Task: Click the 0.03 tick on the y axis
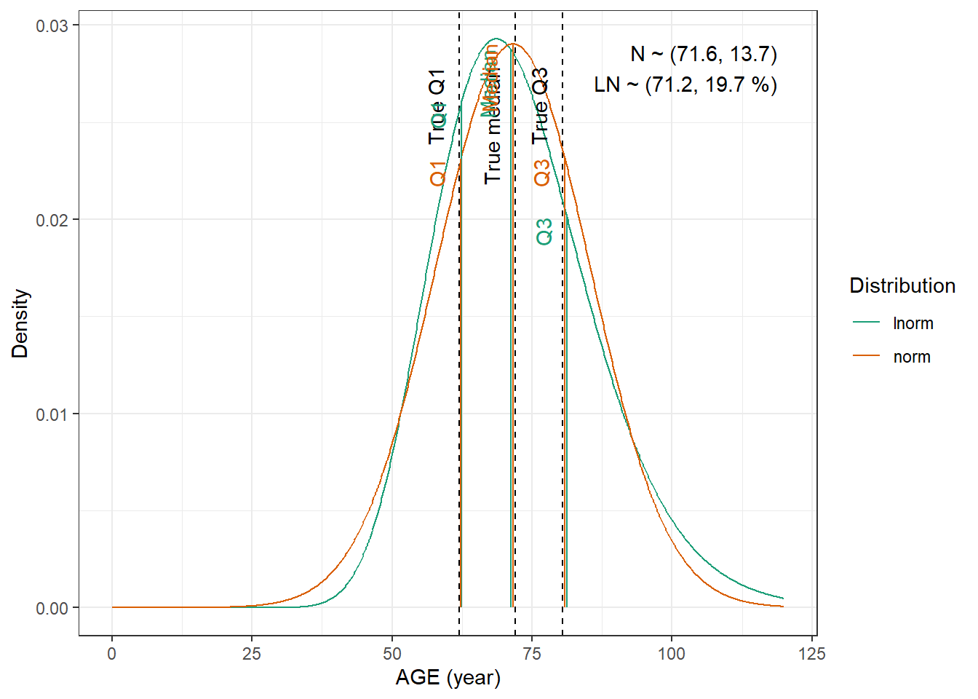(x=52, y=25)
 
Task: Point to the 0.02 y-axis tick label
(x=52, y=220)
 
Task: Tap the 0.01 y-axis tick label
(x=52, y=414)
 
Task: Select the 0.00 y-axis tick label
(x=52, y=609)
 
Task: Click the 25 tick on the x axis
(x=252, y=654)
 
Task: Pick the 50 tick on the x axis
(x=392, y=654)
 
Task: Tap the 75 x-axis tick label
(x=532, y=654)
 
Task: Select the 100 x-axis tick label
(x=672, y=654)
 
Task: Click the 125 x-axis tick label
(x=812, y=654)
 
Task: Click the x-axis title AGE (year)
(x=448, y=678)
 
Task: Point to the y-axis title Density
(x=20, y=323)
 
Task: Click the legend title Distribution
(x=902, y=285)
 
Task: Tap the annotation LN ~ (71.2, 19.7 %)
(x=685, y=85)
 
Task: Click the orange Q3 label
(x=542, y=173)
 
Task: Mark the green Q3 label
(x=544, y=232)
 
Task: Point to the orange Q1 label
(x=437, y=173)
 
